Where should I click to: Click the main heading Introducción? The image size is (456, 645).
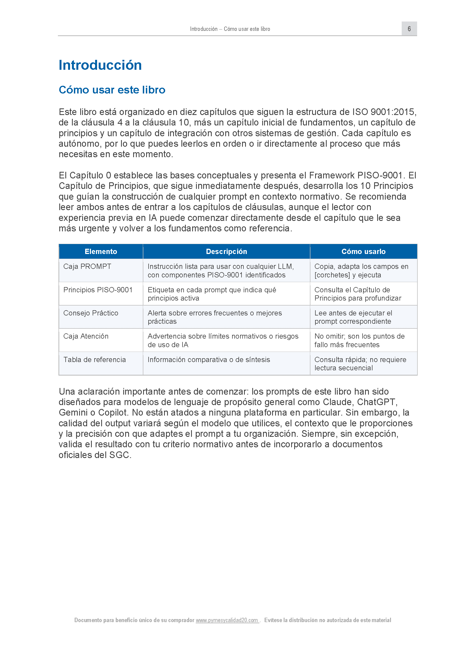[100, 65]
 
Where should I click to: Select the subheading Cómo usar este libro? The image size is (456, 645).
[112, 90]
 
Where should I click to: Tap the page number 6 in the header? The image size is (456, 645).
[409, 29]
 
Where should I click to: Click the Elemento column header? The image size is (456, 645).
[101, 251]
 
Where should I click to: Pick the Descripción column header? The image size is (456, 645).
[226, 251]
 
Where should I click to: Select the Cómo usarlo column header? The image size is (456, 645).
[363, 251]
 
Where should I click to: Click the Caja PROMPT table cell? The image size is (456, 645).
[87, 266]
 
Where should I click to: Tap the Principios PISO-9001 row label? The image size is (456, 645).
[98, 290]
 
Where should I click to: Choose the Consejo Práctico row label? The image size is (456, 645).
[91, 313]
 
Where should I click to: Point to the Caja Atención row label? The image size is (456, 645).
[86, 336]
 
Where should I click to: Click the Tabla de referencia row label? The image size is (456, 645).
[95, 360]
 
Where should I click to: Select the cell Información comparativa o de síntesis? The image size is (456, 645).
[209, 360]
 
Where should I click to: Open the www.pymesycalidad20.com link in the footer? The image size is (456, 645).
[227, 620]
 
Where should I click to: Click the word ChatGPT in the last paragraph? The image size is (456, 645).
[376, 402]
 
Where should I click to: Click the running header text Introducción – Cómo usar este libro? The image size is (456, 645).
[230, 29]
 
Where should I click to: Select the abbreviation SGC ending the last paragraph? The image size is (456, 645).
[119, 455]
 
